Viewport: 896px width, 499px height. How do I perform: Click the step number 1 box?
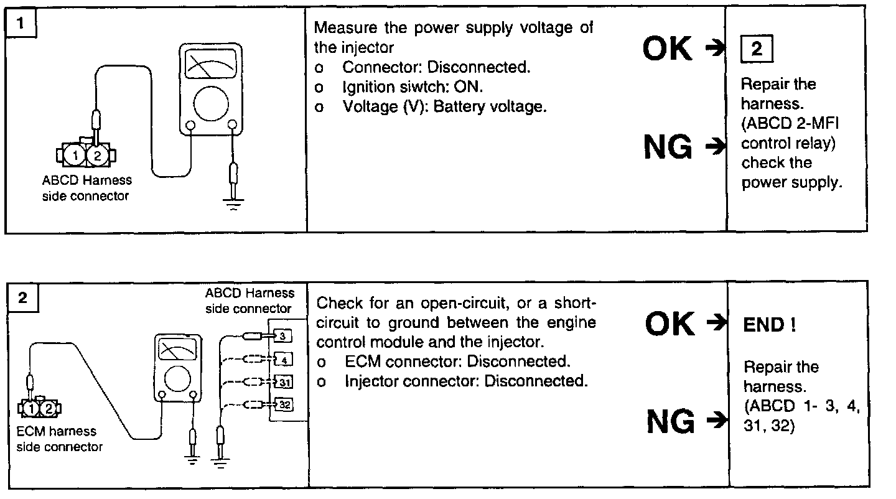point(22,25)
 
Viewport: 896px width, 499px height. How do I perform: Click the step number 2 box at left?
point(23,298)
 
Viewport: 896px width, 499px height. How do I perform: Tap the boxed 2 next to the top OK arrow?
point(756,49)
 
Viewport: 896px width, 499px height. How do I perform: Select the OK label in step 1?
point(667,49)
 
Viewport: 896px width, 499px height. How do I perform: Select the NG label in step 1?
point(668,147)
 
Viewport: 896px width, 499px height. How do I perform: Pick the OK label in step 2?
point(670,324)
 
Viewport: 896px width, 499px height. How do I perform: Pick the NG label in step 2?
point(670,422)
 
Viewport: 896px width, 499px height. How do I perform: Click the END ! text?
point(770,326)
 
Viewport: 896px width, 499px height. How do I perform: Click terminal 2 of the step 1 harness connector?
point(96,155)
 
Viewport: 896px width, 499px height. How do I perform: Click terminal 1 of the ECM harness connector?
point(32,409)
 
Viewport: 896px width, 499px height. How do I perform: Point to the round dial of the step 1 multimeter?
point(211,103)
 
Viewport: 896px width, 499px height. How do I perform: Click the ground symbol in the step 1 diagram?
point(233,202)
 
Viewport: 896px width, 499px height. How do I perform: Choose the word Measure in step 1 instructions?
point(342,28)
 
